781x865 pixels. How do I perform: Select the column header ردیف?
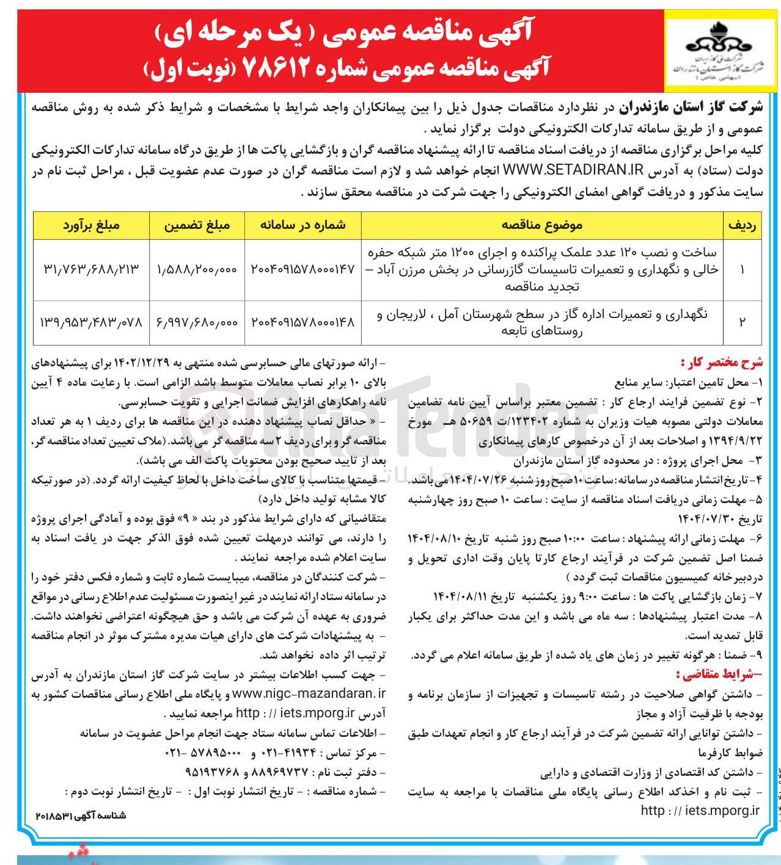pyautogui.click(x=742, y=225)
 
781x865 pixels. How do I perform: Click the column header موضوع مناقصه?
pyautogui.click(x=541, y=225)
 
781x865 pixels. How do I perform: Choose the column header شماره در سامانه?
pyautogui.click(x=302, y=225)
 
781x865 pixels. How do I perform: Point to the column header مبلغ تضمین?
pyautogui.click(x=197, y=225)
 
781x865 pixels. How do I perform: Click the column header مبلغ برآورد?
pyautogui.click(x=91, y=225)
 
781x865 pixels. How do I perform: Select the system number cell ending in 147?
pyautogui.click(x=302, y=269)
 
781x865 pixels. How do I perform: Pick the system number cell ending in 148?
pyautogui.click(x=302, y=322)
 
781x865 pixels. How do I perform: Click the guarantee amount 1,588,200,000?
pyautogui.click(x=197, y=269)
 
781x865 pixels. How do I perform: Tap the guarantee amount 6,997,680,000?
pyautogui.click(x=197, y=322)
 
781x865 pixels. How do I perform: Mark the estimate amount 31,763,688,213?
pyautogui.click(x=91, y=269)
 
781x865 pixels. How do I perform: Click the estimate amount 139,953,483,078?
pyautogui.click(x=91, y=322)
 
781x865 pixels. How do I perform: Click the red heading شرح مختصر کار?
pyautogui.click(x=722, y=363)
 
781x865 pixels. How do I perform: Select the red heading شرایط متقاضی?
pyautogui.click(x=719, y=675)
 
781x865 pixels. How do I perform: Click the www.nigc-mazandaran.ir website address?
pyautogui.click(x=309, y=694)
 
